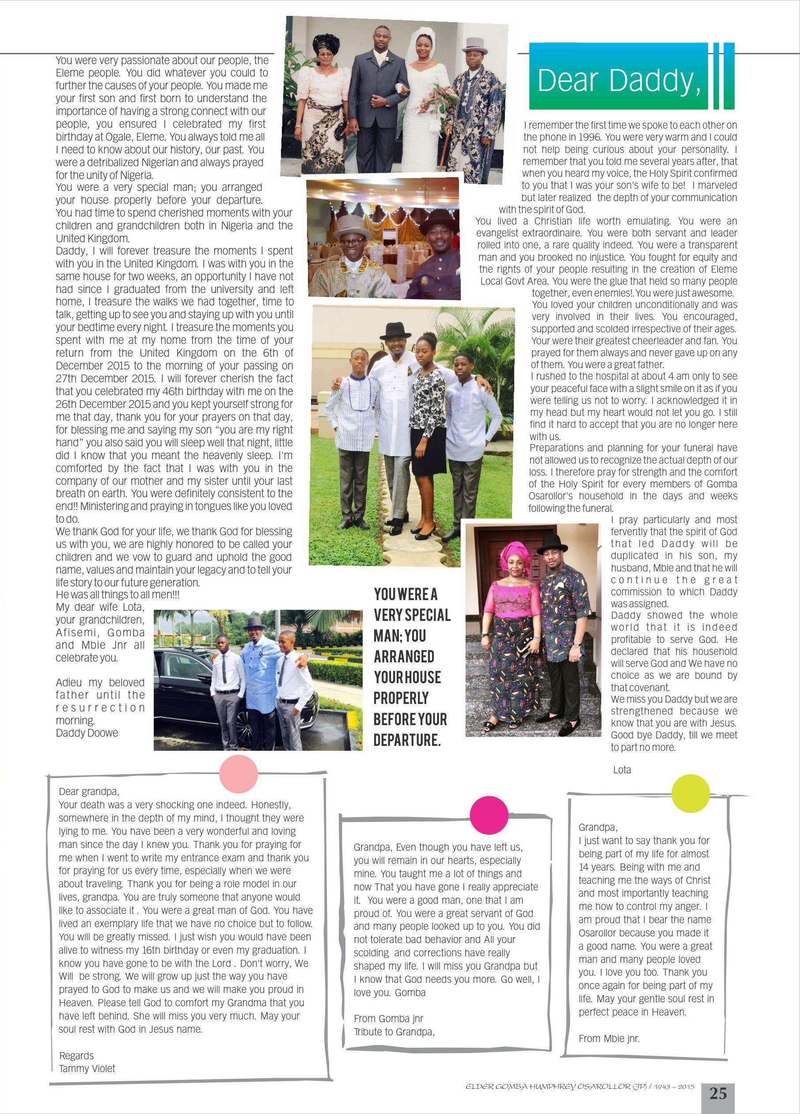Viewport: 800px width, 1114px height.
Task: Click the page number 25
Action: (x=717, y=1093)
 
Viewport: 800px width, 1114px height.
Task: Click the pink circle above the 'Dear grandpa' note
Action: (x=238, y=774)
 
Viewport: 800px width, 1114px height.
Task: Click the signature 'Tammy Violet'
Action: (x=87, y=1068)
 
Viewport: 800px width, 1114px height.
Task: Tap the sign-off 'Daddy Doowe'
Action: (x=87, y=732)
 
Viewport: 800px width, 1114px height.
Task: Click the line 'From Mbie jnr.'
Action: (x=609, y=1038)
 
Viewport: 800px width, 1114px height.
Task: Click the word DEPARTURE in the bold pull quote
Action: (x=407, y=740)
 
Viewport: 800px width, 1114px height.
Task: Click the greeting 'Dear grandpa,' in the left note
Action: (x=89, y=791)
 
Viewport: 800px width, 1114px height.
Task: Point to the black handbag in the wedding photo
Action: (x=339, y=133)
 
